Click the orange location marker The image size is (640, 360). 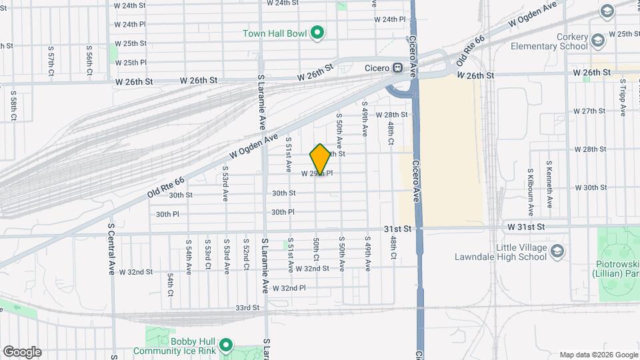click(321, 159)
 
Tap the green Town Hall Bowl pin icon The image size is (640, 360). click(318, 32)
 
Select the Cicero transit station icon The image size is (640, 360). click(397, 67)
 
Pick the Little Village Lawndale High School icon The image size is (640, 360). click(557, 251)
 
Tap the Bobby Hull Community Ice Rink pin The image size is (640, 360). click(225, 345)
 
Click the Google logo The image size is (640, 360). click(22, 352)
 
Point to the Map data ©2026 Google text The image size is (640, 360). click(598, 355)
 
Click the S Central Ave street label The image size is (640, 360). click(111, 249)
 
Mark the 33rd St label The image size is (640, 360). click(247, 308)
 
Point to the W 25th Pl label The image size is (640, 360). click(131, 63)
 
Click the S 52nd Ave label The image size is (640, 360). click(246, 253)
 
